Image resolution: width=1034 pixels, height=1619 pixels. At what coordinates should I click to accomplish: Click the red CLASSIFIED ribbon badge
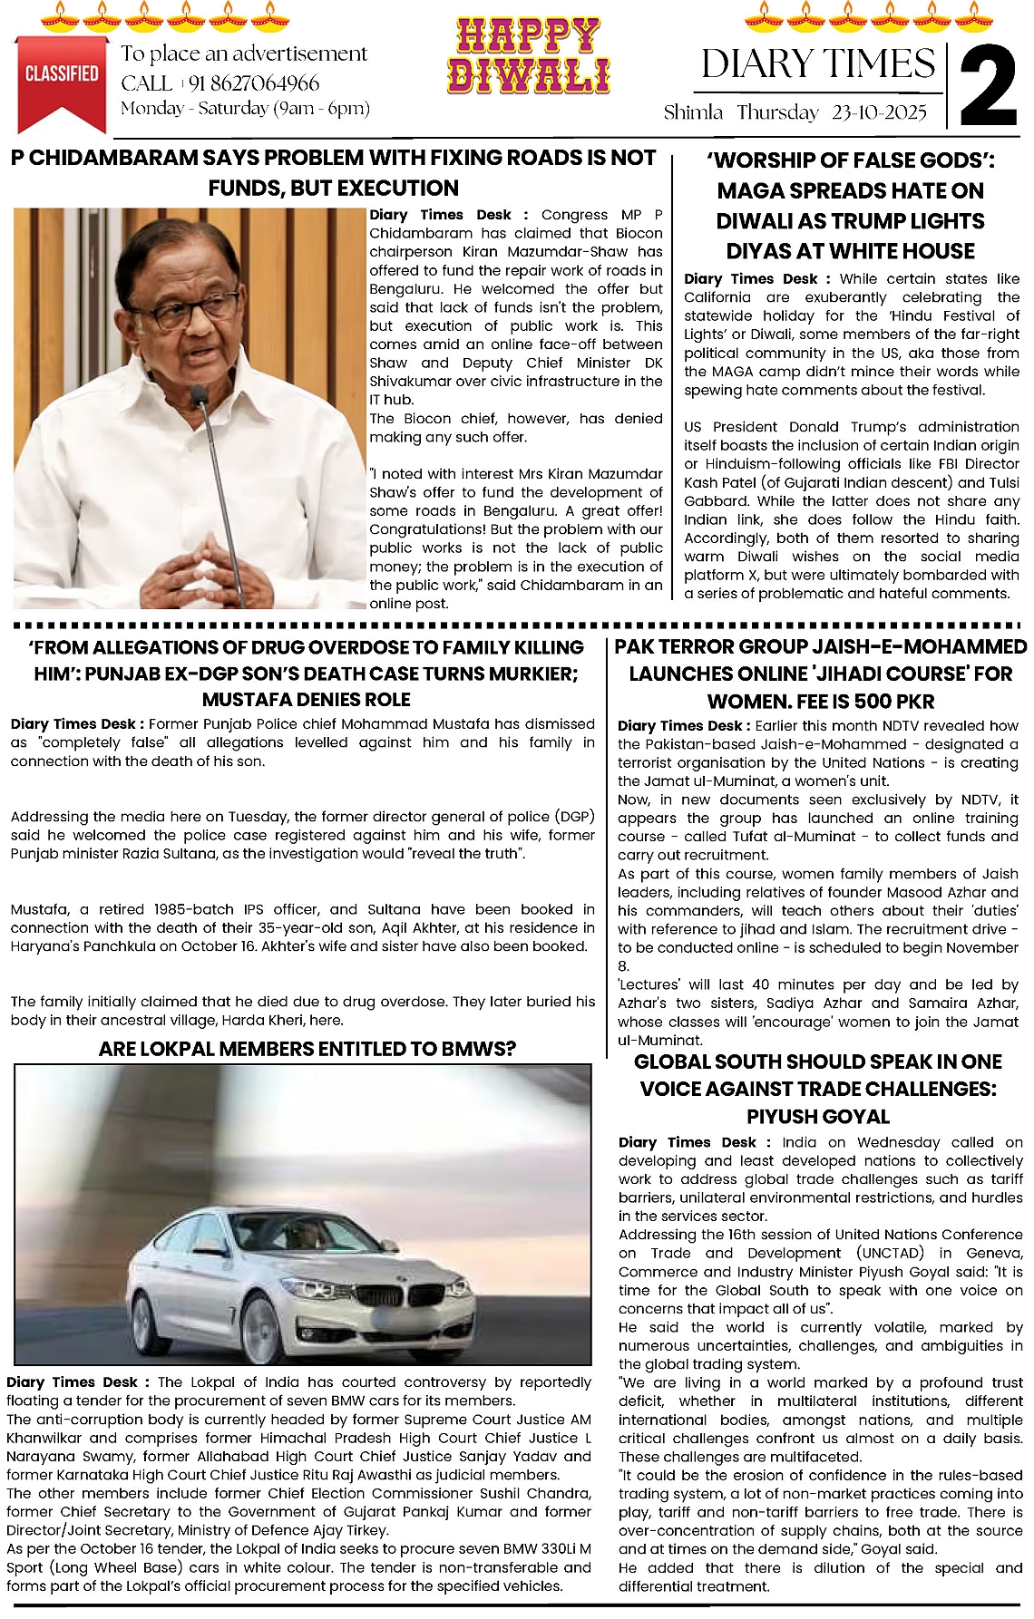tap(62, 78)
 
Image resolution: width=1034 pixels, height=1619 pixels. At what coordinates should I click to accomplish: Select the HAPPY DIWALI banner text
tap(528, 56)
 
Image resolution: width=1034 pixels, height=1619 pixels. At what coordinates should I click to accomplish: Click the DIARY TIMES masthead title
tap(818, 63)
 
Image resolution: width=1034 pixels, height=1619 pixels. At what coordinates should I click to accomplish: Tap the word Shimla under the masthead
tap(693, 112)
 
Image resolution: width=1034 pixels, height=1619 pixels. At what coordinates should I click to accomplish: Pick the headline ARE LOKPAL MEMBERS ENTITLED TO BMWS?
tap(307, 1049)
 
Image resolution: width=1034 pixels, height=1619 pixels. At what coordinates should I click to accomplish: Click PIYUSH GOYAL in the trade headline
tap(818, 1116)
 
